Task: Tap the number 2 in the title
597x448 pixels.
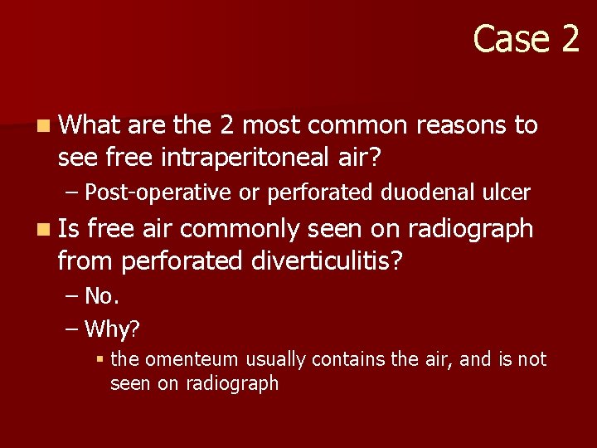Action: coord(570,38)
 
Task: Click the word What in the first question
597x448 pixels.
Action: coord(89,125)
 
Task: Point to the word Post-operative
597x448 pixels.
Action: coord(161,192)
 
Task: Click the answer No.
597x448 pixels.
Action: coord(102,296)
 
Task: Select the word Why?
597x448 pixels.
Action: coord(112,329)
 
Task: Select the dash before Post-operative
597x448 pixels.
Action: coord(73,192)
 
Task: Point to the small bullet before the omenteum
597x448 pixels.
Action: coord(99,360)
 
